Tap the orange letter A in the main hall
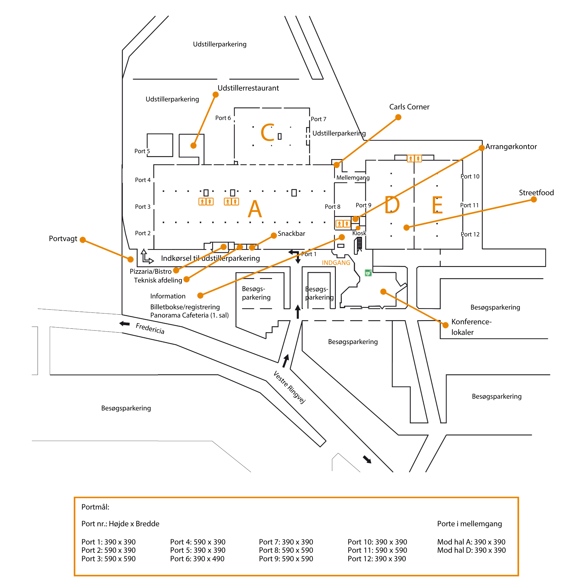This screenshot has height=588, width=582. [254, 209]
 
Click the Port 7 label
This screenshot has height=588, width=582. [318, 119]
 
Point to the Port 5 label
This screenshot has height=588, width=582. [142, 151]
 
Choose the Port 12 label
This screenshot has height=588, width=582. [470, 234]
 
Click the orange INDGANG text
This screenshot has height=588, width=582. [336, 263]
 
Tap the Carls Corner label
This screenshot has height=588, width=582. [409, 107]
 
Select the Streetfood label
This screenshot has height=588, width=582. [536, 193]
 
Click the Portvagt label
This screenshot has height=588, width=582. [63, 239]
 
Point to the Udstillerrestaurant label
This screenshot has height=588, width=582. [248, 88]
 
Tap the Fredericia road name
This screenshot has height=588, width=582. [150, 328]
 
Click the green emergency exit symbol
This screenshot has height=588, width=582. [368, 273]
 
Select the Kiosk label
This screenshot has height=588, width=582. [359, 233]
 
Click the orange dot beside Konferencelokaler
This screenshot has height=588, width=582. [445, 325]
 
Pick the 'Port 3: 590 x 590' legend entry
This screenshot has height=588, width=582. [108, 559]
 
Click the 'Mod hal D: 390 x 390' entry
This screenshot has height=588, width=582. [471, 550]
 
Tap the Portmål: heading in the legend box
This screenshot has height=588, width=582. [95, 507]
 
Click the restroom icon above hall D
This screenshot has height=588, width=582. [414, 158]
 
